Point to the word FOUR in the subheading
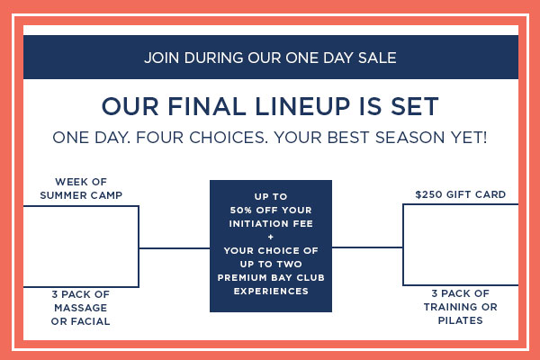160,138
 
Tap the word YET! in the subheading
470,138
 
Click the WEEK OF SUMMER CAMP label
81,188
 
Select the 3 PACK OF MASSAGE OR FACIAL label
81,308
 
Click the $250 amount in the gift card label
428,194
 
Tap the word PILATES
461,320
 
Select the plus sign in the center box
271,237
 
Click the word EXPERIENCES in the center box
271,291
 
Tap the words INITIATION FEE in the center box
271,223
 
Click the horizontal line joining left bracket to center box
175,248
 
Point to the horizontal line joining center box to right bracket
367,247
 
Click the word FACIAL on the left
91,321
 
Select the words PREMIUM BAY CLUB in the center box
271,278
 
